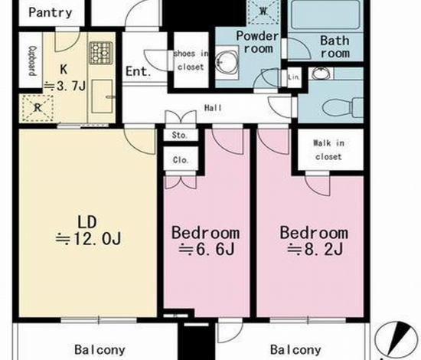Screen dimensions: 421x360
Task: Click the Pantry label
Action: [x=51, y=12]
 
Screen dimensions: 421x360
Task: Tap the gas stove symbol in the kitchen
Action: [x=101, y=53]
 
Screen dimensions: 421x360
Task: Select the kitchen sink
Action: [x=102, y=97]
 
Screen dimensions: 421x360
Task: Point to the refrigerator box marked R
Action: [x=38, y=108]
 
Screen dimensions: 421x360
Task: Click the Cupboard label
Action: [x=32, y=61]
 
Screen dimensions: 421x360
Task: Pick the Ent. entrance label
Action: [x=138, y=71]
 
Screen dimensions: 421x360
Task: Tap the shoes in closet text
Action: [x=191, y=61]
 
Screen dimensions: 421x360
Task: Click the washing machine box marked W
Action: [x=263, y=11]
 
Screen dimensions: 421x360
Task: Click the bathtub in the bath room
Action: [x=325, y=15]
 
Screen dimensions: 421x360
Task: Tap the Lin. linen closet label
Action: [x=293, y=77]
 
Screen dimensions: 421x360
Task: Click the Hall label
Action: [x=214, y=108]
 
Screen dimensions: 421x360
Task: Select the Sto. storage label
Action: [x=180, y=135]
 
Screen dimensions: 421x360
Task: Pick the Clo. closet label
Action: [x=181, y=160]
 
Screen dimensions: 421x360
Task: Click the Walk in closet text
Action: [x=328, y=150]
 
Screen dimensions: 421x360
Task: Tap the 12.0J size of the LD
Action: [x=97, y=239]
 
